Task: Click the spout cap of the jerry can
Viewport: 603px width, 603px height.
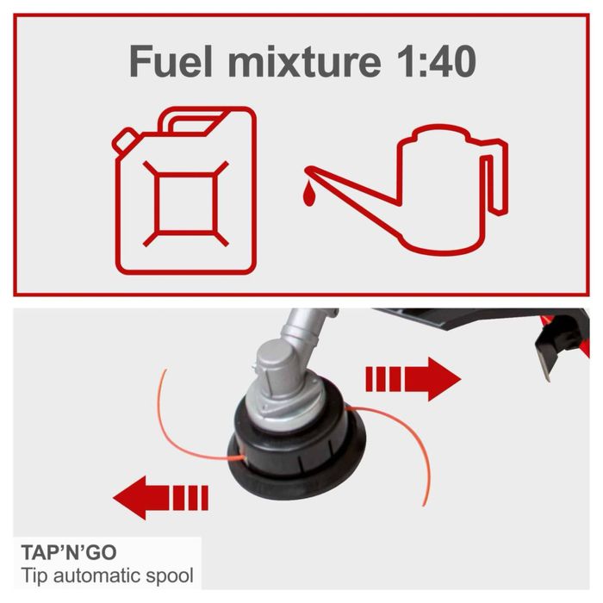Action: click(x=127, y=138)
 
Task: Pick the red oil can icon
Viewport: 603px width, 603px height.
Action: click(x=422, y=190)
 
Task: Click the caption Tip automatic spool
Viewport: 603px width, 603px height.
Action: click(x=107, y=575)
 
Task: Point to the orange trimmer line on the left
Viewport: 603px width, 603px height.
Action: click(x=172, y=431)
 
